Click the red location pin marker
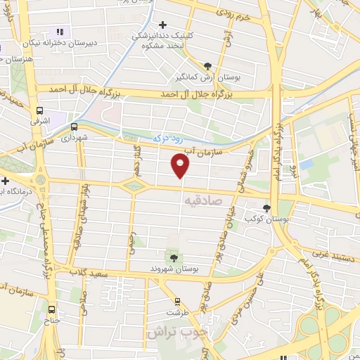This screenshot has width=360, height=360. coord(181,166)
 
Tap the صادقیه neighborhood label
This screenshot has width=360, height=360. coord(205,201)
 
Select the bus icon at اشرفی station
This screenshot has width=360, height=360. coord(40,111)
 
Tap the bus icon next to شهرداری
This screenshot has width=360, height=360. coord(74,127)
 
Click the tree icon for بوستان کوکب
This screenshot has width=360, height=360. coord(266,207)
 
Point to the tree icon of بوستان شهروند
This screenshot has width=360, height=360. coord(174,258)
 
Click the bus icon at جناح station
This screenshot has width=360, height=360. coord(51,309)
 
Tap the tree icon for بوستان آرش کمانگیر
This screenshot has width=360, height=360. coord(206,65)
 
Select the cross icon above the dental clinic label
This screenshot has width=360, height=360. coord(163,25)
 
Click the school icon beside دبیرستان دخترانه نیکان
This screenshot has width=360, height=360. coord(60,32)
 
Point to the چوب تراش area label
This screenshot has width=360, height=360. coord(174,331)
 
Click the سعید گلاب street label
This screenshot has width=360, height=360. coord(93,272)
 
